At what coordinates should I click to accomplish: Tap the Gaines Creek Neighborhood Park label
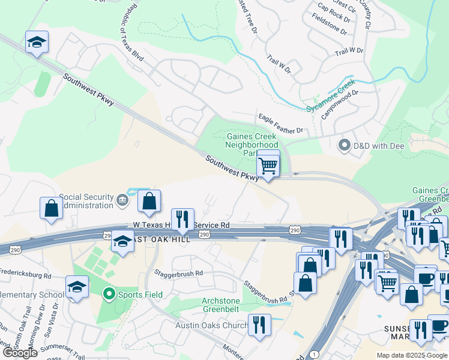[x=252, y=145]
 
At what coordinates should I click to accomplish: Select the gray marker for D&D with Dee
[x=345, y=145]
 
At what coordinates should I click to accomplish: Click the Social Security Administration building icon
[x=122, y=199]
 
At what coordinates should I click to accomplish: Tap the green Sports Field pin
[x=109, y=294]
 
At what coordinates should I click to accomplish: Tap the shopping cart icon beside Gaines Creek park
[x=268, y=164]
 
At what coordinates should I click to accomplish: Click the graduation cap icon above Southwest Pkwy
[x=37, y=42]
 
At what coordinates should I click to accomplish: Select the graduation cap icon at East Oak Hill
[x=122, y=241]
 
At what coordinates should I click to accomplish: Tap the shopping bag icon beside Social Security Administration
[x=149, y=201]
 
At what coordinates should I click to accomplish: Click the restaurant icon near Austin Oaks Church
[x=259, y=325]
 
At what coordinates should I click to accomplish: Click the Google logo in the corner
[x=20, y=352]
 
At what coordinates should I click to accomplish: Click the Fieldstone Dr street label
[x=331, y=16]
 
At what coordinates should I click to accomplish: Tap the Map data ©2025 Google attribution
[x=412, y=355]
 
